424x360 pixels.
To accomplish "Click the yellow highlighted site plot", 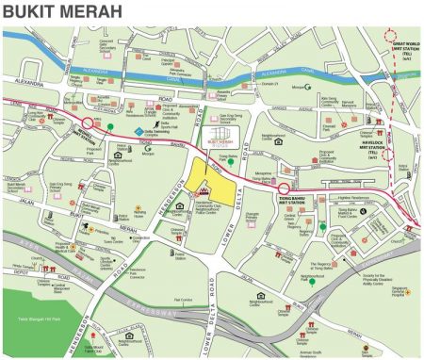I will [x=208, y=180].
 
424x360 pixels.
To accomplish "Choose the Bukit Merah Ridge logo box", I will [x=220, y=144].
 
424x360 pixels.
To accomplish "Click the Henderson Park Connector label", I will [x=139, y=274].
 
